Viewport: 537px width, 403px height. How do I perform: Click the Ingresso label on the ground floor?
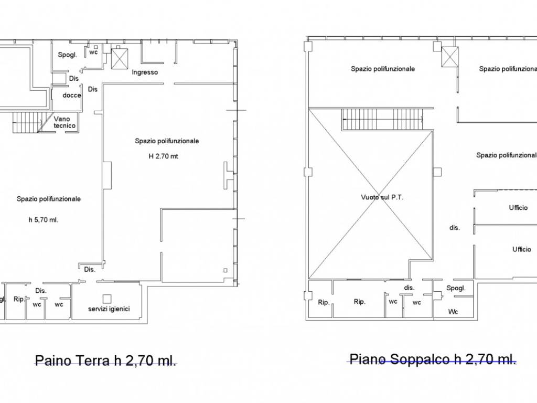coord(145,72)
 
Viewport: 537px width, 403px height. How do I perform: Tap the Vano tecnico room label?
coord(65,122)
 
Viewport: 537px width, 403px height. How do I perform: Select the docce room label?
coord(72,96)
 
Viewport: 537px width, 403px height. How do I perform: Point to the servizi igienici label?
coord(109,309)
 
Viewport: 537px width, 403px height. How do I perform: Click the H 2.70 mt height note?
coord(164,156)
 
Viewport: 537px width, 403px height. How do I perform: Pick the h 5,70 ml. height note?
coord(44,220)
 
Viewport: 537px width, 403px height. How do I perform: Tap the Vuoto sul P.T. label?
coord(382,197)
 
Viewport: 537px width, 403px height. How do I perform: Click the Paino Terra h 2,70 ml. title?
coord(106,360)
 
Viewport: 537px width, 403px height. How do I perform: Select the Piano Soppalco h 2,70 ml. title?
coord(433,359)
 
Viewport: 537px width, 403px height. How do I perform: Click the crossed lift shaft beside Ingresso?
coord(120,59)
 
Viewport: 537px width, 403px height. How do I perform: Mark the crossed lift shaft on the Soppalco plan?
coord(449,57)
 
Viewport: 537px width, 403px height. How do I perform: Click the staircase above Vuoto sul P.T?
coord(383,119)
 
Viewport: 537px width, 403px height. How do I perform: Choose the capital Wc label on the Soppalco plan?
coord(453,312)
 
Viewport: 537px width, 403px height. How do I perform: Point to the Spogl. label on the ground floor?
coord(68,55)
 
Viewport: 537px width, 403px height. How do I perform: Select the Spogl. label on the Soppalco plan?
coord(456,288)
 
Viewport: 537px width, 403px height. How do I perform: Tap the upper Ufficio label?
coord(518,207)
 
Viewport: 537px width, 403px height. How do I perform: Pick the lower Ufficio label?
coord(522,249)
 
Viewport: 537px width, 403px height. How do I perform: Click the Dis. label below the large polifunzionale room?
coord(90,269)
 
